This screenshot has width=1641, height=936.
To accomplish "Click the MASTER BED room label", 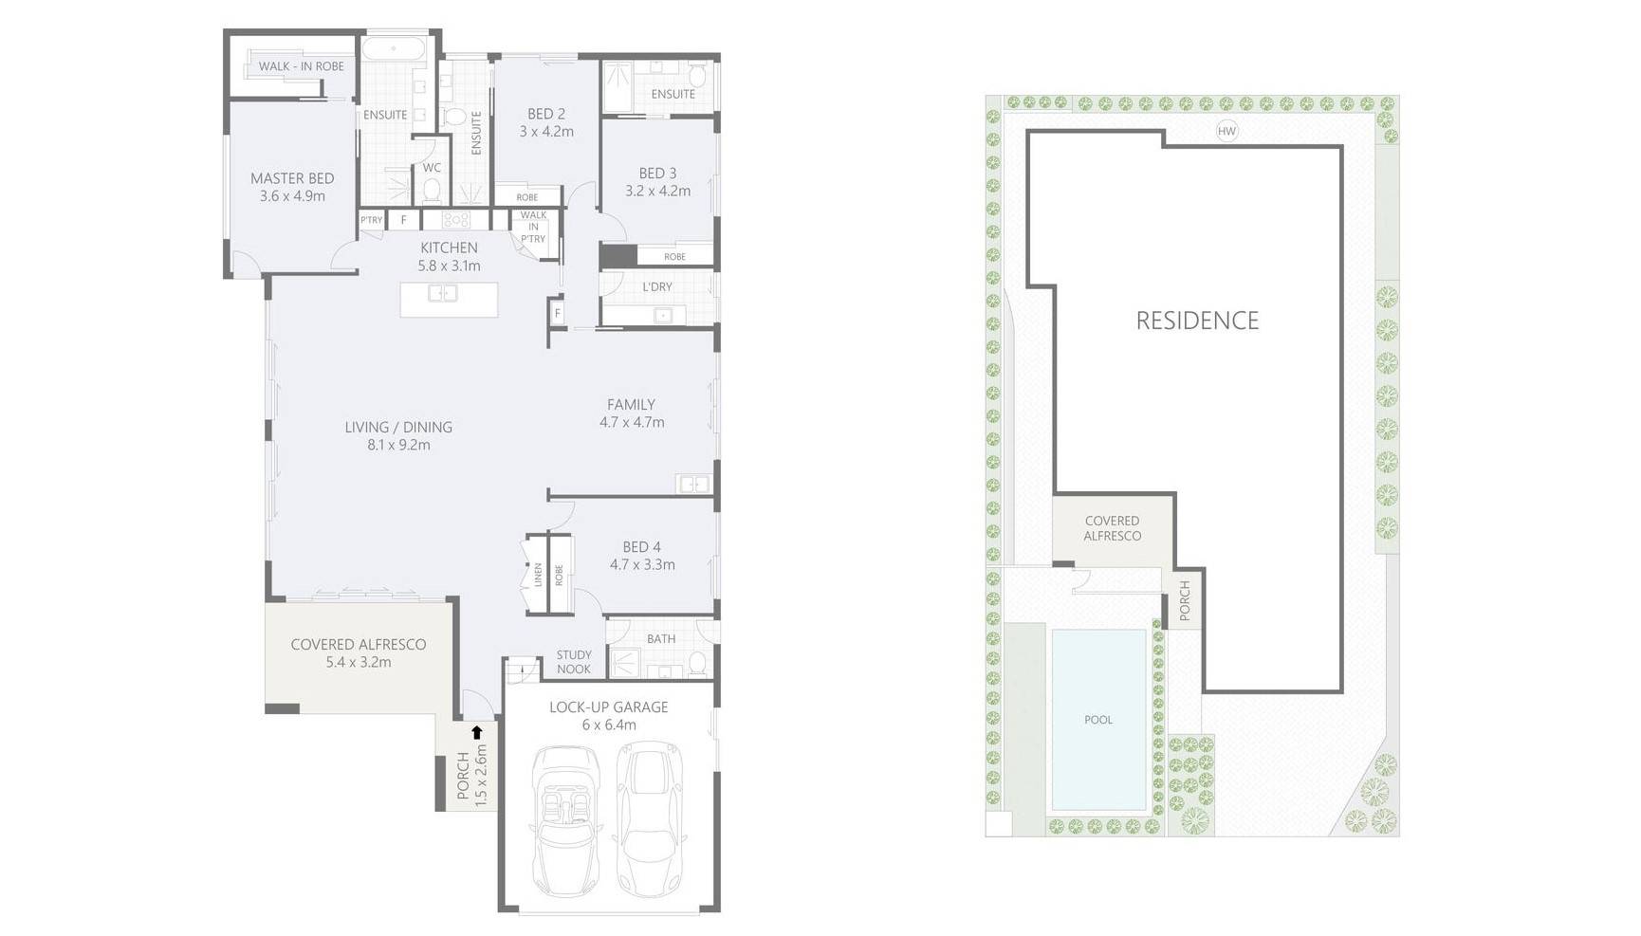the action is tap(292, 178).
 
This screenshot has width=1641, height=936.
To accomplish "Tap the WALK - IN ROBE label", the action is tap(302, 66).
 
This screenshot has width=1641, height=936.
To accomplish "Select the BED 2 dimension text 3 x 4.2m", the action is tap(546, 132).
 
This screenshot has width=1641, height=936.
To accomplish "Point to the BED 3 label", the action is tap(657, 174).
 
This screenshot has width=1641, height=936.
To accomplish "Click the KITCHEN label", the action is tap(450, 248).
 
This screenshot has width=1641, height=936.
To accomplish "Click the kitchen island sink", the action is tap(443, 293).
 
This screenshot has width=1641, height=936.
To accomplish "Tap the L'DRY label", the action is tap(656, 286).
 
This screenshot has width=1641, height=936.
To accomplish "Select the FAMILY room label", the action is tap(632, 405).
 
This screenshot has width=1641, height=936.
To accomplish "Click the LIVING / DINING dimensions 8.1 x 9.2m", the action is tap(398, 445).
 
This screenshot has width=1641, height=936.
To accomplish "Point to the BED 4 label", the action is tap(642, 547).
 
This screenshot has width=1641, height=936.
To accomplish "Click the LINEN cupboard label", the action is tap(538, 575).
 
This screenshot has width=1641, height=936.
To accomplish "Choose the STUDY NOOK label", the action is tap(574, 662).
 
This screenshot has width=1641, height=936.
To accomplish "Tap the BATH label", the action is tap(661, 639).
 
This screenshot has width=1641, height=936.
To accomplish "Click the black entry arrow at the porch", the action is tap(477, 732).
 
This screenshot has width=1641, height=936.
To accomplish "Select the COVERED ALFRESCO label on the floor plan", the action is tap(359, 645).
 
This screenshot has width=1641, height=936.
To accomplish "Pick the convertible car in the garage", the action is tap(566, 821).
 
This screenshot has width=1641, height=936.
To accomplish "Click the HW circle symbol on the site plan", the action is tap(1227, 131).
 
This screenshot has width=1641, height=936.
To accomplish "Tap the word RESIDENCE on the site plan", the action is tap(1198, 321).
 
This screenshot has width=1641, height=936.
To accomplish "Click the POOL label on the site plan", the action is tap(1098, 720).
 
